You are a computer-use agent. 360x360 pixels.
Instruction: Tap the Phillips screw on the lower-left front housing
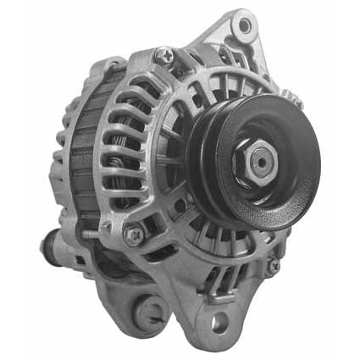132,232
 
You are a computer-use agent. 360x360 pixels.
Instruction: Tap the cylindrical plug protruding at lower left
51,248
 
